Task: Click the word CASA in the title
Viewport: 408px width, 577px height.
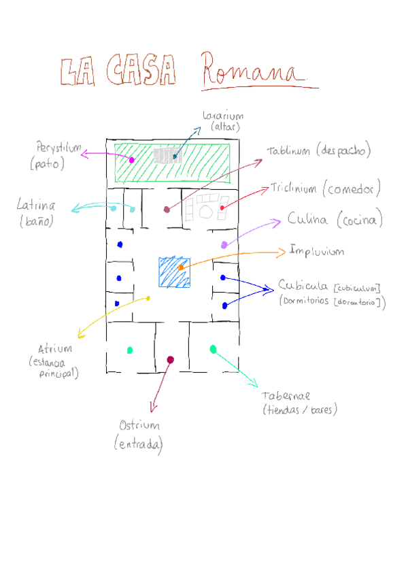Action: tap(142, 71)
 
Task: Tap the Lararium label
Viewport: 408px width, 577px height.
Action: tap(222, 116)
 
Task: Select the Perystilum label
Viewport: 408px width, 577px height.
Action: tap(58, 148)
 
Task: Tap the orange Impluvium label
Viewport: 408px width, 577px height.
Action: tap(316, 251)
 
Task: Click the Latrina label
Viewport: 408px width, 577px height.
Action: tap(36, 205)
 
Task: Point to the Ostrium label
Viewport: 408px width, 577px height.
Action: tap(139, 426)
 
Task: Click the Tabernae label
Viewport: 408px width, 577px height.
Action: tap(286, 395)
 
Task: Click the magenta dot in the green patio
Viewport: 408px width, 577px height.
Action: tap(131, 159)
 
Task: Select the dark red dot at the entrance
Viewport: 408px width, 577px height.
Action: tap(170, 359)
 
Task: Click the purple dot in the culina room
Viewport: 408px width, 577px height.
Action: tap(224, 244)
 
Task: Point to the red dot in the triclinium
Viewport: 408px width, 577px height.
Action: tap(222, 207)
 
